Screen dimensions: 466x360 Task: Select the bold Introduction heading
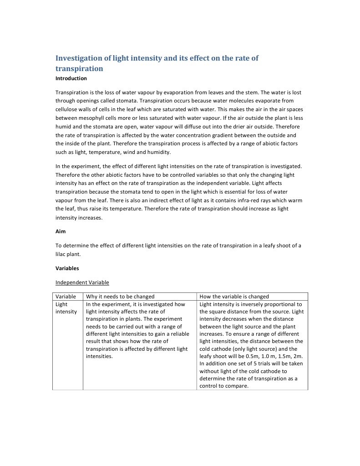[x=71, y=78]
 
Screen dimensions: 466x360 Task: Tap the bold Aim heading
[x=61, y=231]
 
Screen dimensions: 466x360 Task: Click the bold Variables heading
[x=67, y=268]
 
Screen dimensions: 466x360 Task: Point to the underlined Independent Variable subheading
[x=82, y=282]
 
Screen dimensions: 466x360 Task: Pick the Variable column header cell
[x=66, y=297]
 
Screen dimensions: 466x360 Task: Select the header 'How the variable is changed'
[x=234, y=297]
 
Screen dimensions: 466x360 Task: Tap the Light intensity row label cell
[x=66, y=308]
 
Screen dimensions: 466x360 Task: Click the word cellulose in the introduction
[x=69, y=109]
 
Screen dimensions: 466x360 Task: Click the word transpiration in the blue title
[x=79, y=69]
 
